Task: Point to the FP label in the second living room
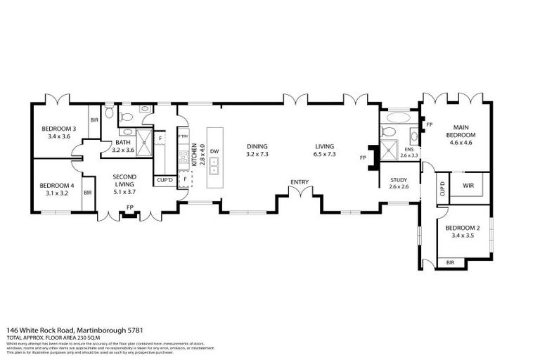coord(129,207)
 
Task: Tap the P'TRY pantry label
coord(182,136)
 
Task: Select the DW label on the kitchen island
coord(214,150)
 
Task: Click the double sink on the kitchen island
coord(214,166)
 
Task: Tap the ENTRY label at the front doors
coord(300,182)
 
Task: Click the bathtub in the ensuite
coord(392,117)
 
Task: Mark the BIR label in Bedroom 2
coord(450,263)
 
